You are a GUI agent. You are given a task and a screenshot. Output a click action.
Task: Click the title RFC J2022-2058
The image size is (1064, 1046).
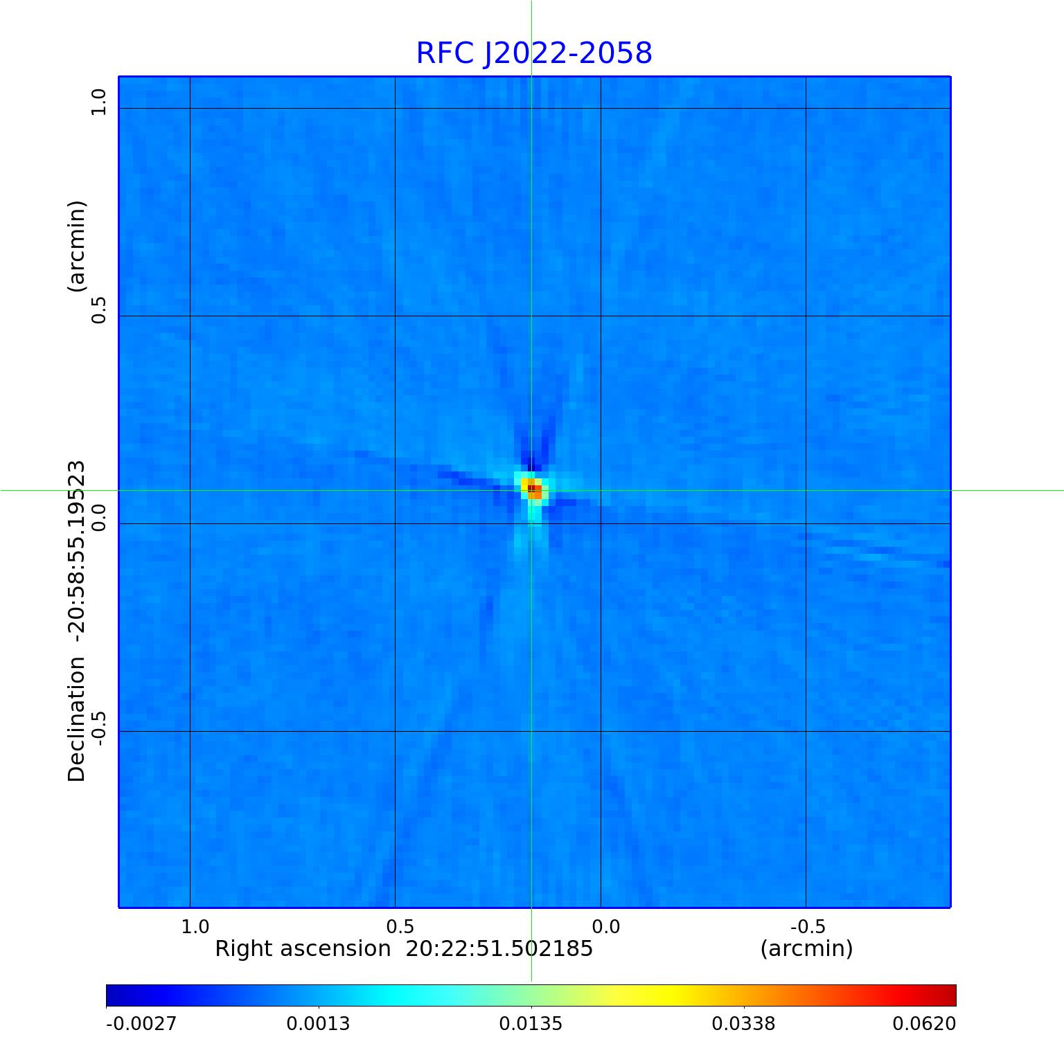pos(533,53)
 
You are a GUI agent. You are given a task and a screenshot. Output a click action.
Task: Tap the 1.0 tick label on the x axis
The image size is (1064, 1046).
pos(195,926)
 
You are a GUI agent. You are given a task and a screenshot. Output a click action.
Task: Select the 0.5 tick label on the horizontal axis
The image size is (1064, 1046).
pos(400,926)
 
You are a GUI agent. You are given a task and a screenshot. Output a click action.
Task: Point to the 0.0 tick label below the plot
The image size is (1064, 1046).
pos(605,926)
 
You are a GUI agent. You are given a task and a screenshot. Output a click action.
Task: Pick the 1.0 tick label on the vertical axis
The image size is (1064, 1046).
pos(98,102)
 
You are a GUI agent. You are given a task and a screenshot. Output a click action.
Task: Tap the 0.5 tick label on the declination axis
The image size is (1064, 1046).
pos(98,309)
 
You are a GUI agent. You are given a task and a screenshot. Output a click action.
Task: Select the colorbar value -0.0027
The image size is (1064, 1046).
pos(141,1023)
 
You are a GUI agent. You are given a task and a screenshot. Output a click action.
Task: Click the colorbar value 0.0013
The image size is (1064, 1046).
pos(319,1023)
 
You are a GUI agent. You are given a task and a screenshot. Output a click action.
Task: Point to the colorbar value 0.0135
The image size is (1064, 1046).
pos(531,1023)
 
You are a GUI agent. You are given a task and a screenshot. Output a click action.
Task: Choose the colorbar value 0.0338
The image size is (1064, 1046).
pos(744,1023)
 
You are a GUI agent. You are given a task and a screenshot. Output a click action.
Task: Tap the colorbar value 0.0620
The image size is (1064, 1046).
pos(923,1023)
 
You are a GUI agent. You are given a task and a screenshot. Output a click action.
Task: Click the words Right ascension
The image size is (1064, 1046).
pos(303,948)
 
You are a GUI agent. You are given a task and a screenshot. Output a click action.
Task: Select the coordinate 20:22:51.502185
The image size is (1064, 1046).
pos(499,948)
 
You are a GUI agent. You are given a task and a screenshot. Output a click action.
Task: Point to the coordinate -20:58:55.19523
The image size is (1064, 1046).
pos(76,547)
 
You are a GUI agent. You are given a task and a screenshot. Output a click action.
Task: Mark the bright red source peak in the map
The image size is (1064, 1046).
pos(532,489)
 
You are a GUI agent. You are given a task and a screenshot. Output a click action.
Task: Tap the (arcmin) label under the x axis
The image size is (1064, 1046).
pos(806,948)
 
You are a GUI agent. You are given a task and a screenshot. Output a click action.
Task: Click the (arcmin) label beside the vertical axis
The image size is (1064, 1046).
pos(76,246)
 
